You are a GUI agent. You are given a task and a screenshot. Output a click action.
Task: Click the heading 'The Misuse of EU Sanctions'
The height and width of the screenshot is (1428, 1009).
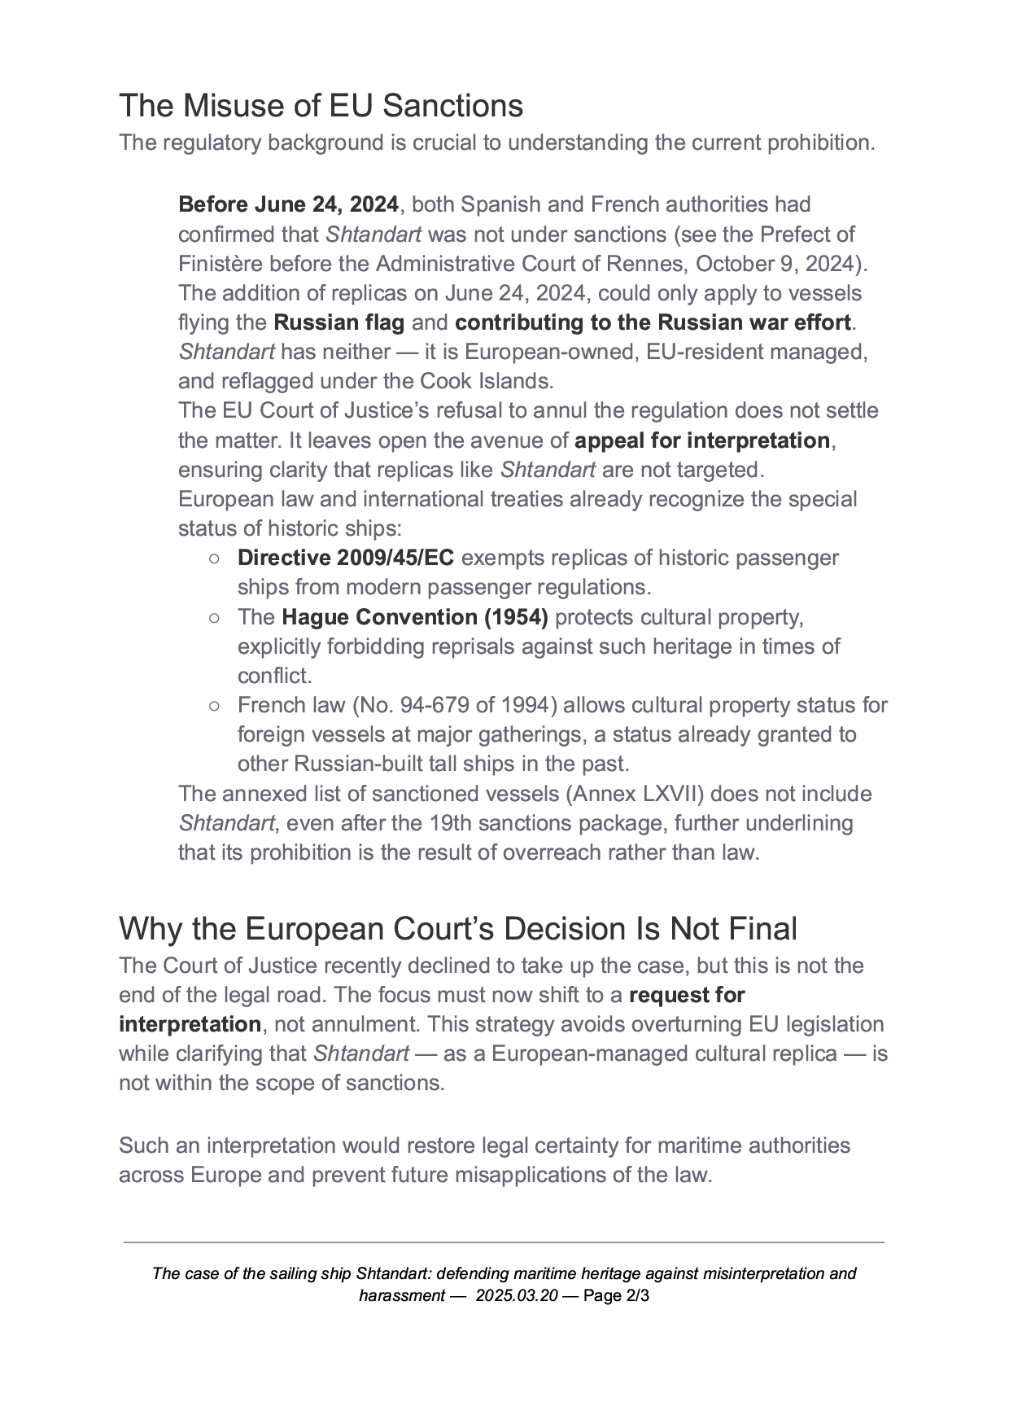click(x=321, y=106)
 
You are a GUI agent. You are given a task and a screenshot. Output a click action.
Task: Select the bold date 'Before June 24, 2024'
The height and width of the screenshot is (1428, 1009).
click(x=288, y=204)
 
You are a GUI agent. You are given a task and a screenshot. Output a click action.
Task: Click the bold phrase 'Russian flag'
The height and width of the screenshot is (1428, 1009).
click(x=339, y=322)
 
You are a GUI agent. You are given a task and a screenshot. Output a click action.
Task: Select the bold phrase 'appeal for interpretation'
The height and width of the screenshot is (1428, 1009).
click(x=701, y=440)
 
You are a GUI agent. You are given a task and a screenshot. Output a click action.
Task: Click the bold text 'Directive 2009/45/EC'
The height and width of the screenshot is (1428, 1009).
click(x=346, y=558)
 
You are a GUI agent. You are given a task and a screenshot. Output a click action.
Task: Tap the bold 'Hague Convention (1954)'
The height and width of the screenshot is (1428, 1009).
click(x=415, y=617)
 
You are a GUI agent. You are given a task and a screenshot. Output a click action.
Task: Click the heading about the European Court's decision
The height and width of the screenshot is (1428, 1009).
click(x=457, y=929)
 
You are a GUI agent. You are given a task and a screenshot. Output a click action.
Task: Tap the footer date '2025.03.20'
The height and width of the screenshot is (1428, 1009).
click(x=517, y=1295)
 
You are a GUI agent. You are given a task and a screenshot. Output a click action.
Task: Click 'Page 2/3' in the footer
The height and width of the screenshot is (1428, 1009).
click(x=616, y=1295)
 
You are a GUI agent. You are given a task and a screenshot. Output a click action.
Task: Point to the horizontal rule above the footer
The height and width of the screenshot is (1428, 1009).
click(x=504, y=1242)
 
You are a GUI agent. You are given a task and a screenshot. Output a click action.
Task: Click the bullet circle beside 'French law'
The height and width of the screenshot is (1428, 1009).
click(x=213, y=705)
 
